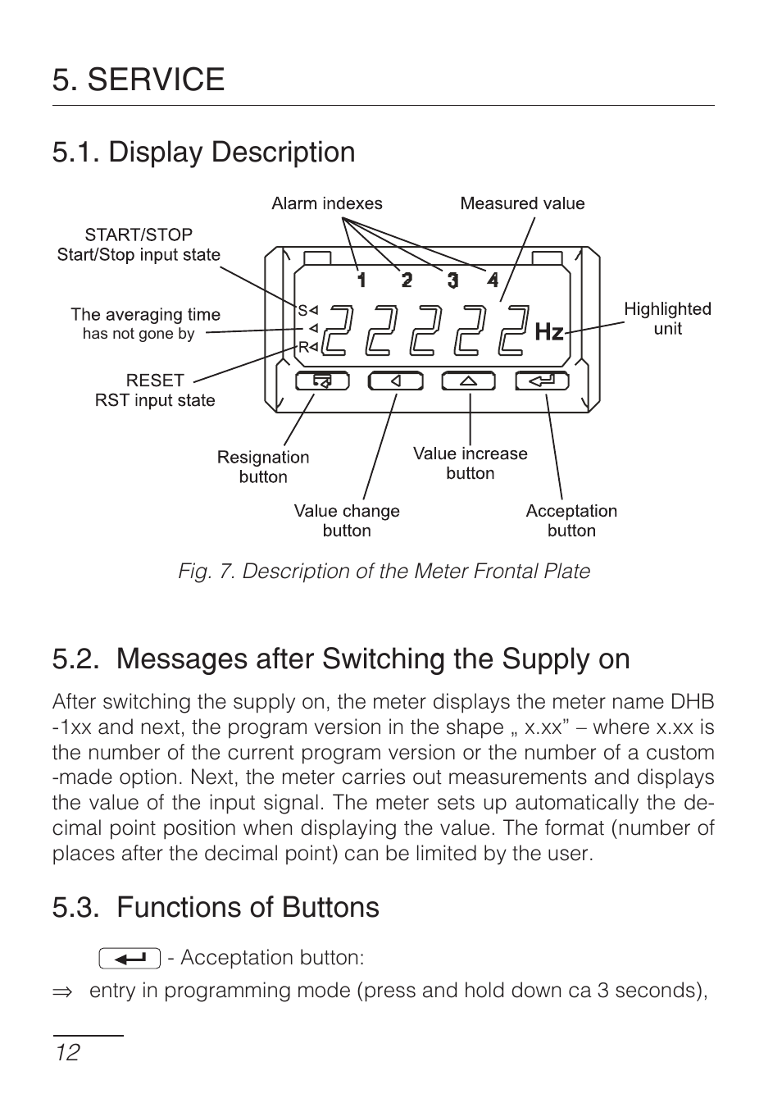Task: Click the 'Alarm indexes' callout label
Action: click(326, 203)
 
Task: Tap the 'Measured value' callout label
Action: click(522, 203)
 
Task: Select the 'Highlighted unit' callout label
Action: click(667, 318)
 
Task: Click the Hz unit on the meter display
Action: click(549, 332)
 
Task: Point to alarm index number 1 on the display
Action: click(361, 280)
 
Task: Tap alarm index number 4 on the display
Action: click(493, 280)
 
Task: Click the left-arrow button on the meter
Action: click(395, 381)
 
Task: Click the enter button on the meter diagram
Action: click(542, 381)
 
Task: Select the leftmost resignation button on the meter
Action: click(322, 381)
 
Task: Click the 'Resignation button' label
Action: click(263, 467)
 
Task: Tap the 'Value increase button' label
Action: click(470, 463)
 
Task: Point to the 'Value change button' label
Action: click(347, 521)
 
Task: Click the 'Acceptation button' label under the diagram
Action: click(571, 521)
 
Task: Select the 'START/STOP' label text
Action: click(139, 235)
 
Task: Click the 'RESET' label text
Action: click(155, 381)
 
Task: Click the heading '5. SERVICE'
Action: click(139, 80)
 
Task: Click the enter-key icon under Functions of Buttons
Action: click(129, 958)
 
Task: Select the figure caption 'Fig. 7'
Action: click(384, 571)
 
